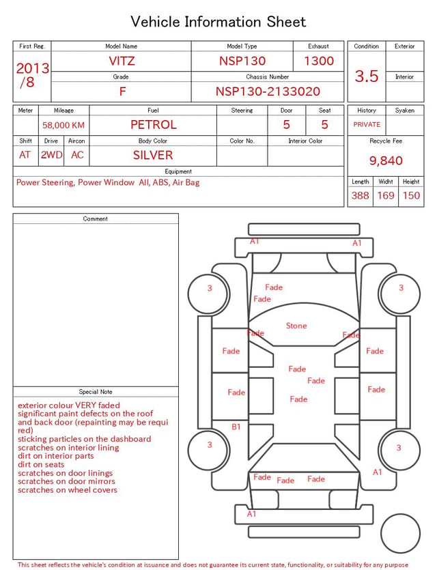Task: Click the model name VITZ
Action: (x=122, y=61)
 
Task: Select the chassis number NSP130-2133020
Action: (x=268, y=91)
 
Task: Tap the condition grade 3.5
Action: (x=367, y=76)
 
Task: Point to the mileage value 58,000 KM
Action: (x=64, y=125)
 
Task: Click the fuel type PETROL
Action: (x=154, y=125)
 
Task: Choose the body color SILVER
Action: (x=153, y=155)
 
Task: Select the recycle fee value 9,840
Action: (x=386, y=160)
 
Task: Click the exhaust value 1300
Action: (x=318, y=61)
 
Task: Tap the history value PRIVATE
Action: (x=367, y=124)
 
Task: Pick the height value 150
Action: (x=411, y=195)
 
